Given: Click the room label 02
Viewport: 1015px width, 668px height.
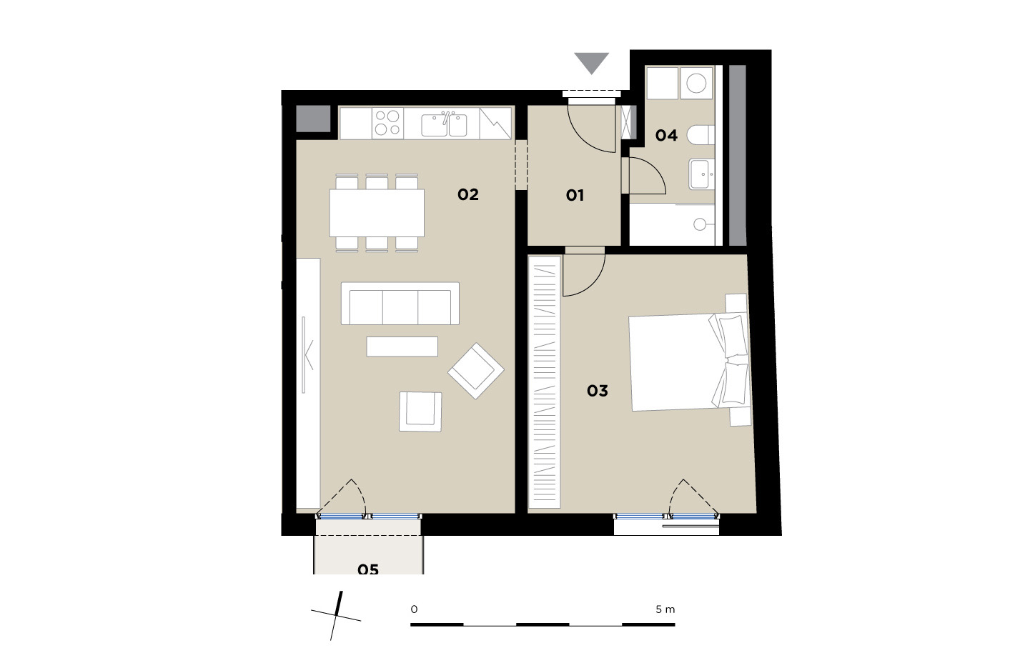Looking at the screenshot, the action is pos(468,195).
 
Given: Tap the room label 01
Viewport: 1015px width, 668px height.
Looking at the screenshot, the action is pos(575,196).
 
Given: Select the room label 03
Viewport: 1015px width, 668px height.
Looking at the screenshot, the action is pos(598,390).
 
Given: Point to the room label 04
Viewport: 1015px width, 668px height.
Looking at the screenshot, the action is pos(667,135).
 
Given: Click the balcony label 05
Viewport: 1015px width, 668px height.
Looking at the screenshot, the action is pos(368,569).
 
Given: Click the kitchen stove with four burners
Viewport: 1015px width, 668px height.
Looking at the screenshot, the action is pos(388,123).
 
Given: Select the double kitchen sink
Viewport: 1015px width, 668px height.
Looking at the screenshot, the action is pos(444,125).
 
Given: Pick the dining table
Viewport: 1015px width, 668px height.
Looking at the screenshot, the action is pos(377,213).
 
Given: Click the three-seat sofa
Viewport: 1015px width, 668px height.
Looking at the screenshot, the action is pos(400,304).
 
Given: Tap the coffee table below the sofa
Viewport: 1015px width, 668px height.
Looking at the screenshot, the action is pos(402,347).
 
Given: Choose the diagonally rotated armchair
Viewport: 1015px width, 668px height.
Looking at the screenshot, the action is pos(476,371).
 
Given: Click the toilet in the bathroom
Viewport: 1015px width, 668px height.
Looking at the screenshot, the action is pos(700,135).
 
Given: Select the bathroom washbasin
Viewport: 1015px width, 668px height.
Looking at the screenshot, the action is pos(702,174).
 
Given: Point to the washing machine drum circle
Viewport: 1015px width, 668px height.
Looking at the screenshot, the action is pos(696,83).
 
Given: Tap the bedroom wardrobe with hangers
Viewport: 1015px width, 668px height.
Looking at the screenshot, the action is pos(544,382).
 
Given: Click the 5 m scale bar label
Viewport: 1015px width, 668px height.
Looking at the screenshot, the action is pos(665,609).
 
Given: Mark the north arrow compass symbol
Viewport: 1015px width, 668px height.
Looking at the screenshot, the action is pos(336,616).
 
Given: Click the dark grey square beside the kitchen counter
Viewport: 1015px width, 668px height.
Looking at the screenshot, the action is pos(313,119).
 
